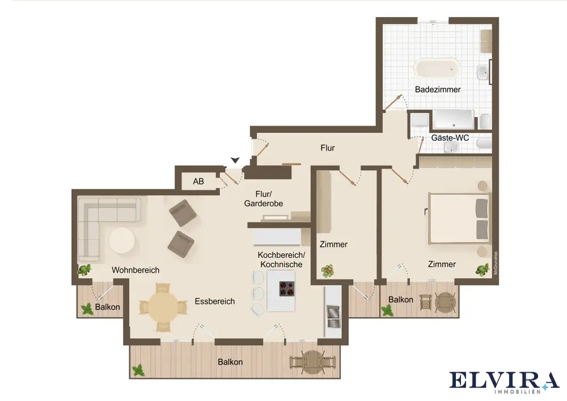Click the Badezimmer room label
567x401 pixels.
(x=438, y=90)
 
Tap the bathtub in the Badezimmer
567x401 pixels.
(x=437, y=68)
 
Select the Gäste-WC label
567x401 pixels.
(x=450, y=137)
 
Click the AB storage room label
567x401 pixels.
(x=198, y=181)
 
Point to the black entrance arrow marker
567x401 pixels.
(x=235, y=160)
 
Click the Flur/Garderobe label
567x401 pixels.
(x=263, y=199)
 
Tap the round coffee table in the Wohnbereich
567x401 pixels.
(x=122, y=240)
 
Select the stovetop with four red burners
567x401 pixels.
(x=286, y=289)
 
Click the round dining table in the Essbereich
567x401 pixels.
(x=163, y=307)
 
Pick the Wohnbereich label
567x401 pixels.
(x=136, y=270)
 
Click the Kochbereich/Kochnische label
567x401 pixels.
(x=281, y=260)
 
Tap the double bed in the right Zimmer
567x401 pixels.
(x=459, y=219)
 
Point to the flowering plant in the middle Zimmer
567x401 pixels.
(x=327, y=270)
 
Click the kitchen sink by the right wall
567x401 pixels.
(x=333, y=316)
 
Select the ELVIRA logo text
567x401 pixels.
(x=504, y=380)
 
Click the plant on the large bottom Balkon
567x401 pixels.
(x=138, y=370)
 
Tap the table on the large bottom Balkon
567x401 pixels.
(x=313, y=362)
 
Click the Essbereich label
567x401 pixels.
(x=215, y=302)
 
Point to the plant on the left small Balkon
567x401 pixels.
(x=87, y=309)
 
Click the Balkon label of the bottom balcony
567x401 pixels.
(x=230, y=362)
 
